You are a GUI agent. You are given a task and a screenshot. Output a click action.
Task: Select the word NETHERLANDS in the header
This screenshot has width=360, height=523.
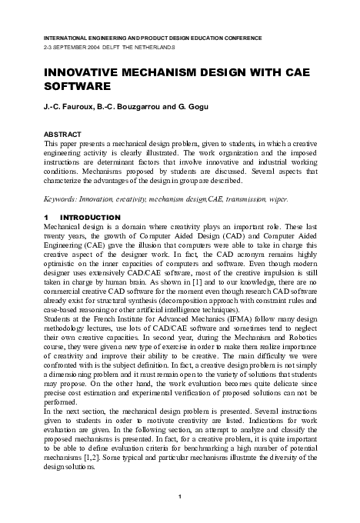click(154, 48)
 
